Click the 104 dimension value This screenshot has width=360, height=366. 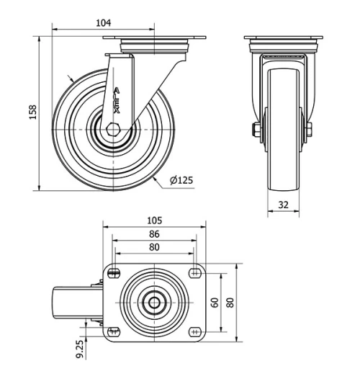(104, 23)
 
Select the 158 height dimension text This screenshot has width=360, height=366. (32, 112)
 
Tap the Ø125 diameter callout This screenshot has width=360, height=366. (181, 180)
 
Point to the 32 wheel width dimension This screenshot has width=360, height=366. (283, 205)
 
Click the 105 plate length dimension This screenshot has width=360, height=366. (154, 220)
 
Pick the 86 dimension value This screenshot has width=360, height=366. (154, 234)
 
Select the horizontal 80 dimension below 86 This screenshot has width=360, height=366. (154, 247)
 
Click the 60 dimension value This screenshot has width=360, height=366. (214, 303)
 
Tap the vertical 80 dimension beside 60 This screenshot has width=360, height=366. (230, 303)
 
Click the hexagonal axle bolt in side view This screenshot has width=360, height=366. (114, 129)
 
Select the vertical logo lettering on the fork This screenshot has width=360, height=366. (118, 101)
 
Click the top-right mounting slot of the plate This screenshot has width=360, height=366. (194, 272)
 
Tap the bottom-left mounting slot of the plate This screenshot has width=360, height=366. (113, 331)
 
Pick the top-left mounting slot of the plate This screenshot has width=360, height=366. (113, 272)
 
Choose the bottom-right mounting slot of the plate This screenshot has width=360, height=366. (194, 331)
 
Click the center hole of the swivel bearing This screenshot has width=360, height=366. (154, 303)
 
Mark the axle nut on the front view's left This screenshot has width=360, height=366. (256, 130)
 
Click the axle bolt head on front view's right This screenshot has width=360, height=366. (309, 130)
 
